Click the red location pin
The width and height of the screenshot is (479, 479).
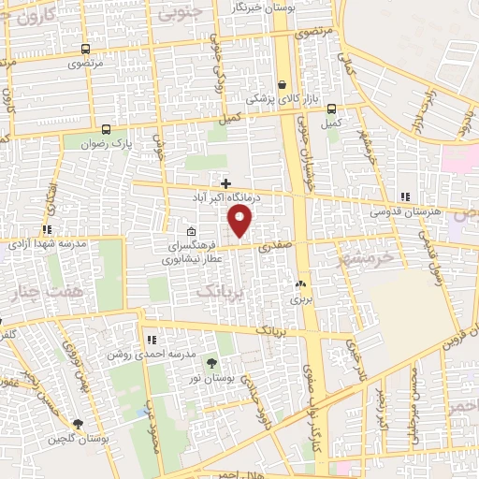click(240, 221)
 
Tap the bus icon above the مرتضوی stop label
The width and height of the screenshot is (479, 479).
click(85, 50)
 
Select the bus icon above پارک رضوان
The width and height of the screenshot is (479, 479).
click(106, 130)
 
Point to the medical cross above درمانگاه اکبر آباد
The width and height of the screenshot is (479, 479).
click(225, 182)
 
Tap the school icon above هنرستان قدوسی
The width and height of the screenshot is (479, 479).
click(404, 196)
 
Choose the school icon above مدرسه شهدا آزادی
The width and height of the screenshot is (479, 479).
click(47, 228)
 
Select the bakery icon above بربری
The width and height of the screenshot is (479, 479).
click(300, 284)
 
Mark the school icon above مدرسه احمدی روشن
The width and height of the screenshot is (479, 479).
click(151, 340)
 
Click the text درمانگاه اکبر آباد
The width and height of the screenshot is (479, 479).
click(225, 198)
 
